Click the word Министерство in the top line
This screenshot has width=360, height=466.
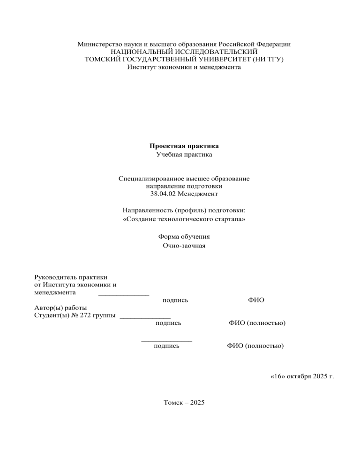[98, 44]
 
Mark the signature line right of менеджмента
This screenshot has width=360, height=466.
[124, 294]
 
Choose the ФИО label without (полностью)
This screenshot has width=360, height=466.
[255, 299]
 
